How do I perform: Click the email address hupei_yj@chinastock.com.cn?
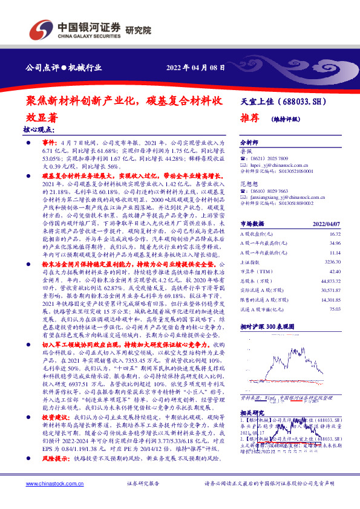click(x=279, y=164)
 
